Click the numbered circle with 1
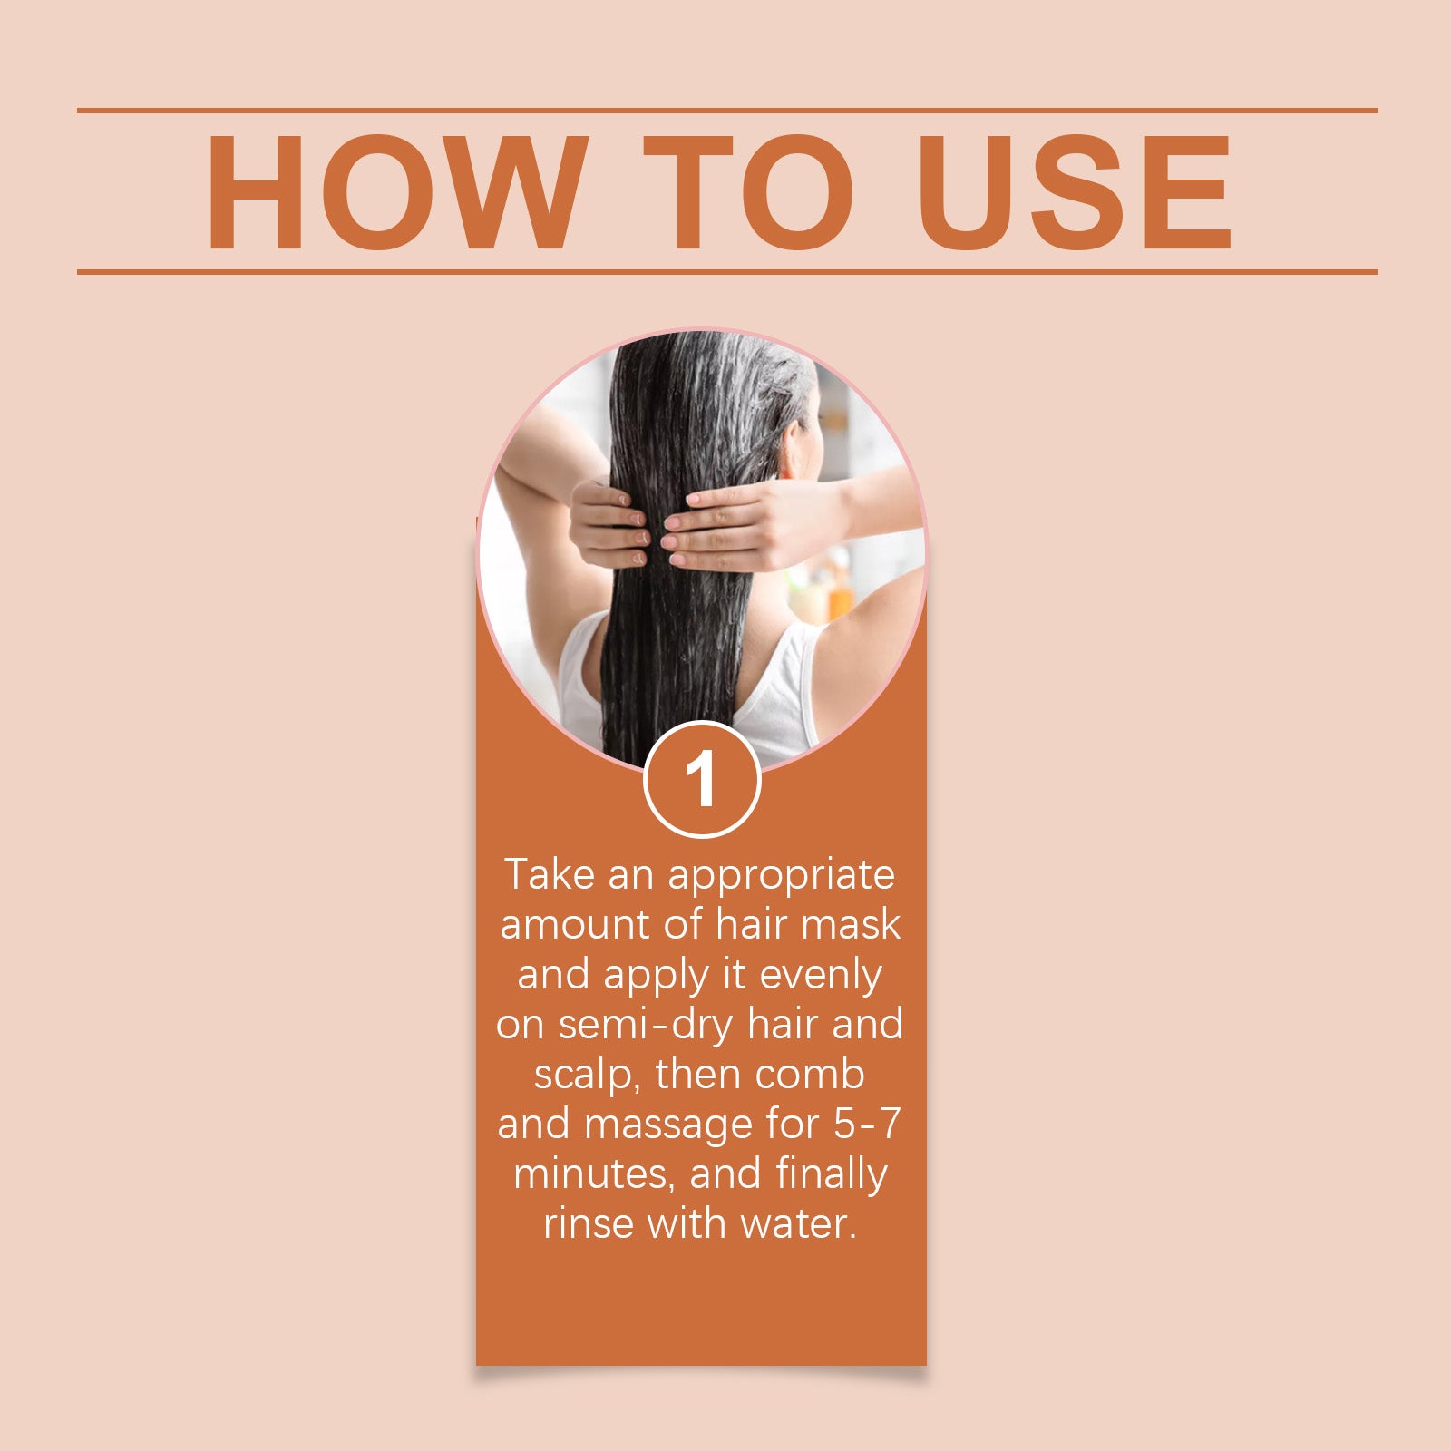[701, 779]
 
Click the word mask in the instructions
[852, 924]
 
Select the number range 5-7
[867, 1125]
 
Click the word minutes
[593, 1175]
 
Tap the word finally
[831, 1175]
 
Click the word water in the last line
[798, 1225]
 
